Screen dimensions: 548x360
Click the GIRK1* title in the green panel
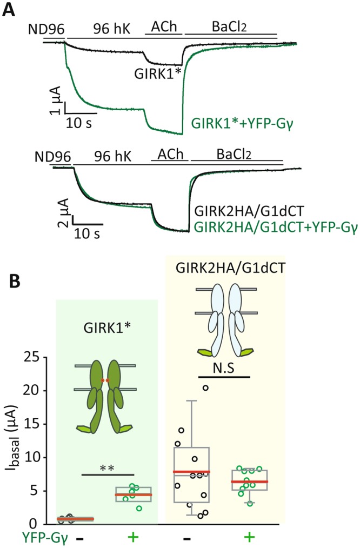(107, 328)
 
